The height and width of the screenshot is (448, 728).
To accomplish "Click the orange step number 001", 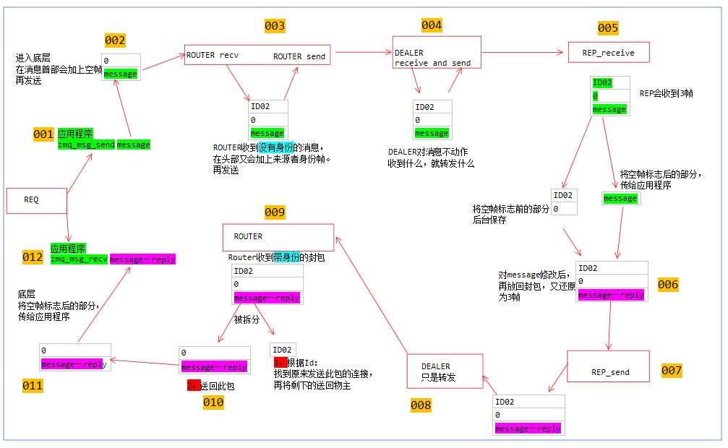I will (43, 134).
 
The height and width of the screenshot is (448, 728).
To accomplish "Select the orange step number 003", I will (275, 26).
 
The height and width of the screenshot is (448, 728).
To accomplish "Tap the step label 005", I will (608, 28).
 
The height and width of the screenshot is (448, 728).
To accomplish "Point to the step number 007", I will (672, 371).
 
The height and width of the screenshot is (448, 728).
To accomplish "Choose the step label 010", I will (213, 402).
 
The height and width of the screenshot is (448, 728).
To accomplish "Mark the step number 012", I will (33, 257).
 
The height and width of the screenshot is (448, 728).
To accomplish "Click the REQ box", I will (37, 200).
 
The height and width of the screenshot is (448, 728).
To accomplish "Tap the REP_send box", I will (608, 366).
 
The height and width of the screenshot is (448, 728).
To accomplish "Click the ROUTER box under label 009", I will (278, 237).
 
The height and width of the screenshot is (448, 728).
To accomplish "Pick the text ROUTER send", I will (299, 56).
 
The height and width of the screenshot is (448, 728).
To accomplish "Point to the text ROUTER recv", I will (213, 55).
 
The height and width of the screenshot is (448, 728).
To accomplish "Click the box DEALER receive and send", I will (435, 53).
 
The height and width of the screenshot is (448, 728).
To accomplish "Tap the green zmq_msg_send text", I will (86, 145).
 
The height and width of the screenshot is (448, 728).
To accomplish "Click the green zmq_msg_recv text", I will (80, 259).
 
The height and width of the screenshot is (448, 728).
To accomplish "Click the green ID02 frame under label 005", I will (601, 82).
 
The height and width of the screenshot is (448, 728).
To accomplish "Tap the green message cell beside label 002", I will (120, 74).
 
